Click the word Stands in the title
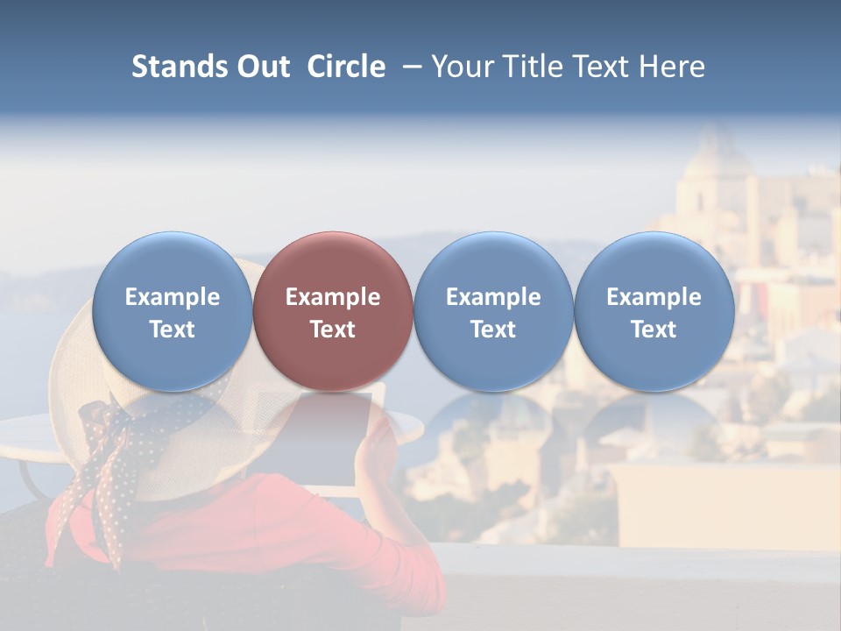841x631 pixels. point(180,67)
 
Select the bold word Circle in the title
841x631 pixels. point(346,67)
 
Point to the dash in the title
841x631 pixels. point(412,67)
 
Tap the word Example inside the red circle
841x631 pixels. point(333,297)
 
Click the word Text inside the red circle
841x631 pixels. point(333,330)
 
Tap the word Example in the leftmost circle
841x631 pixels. point(172,297)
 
